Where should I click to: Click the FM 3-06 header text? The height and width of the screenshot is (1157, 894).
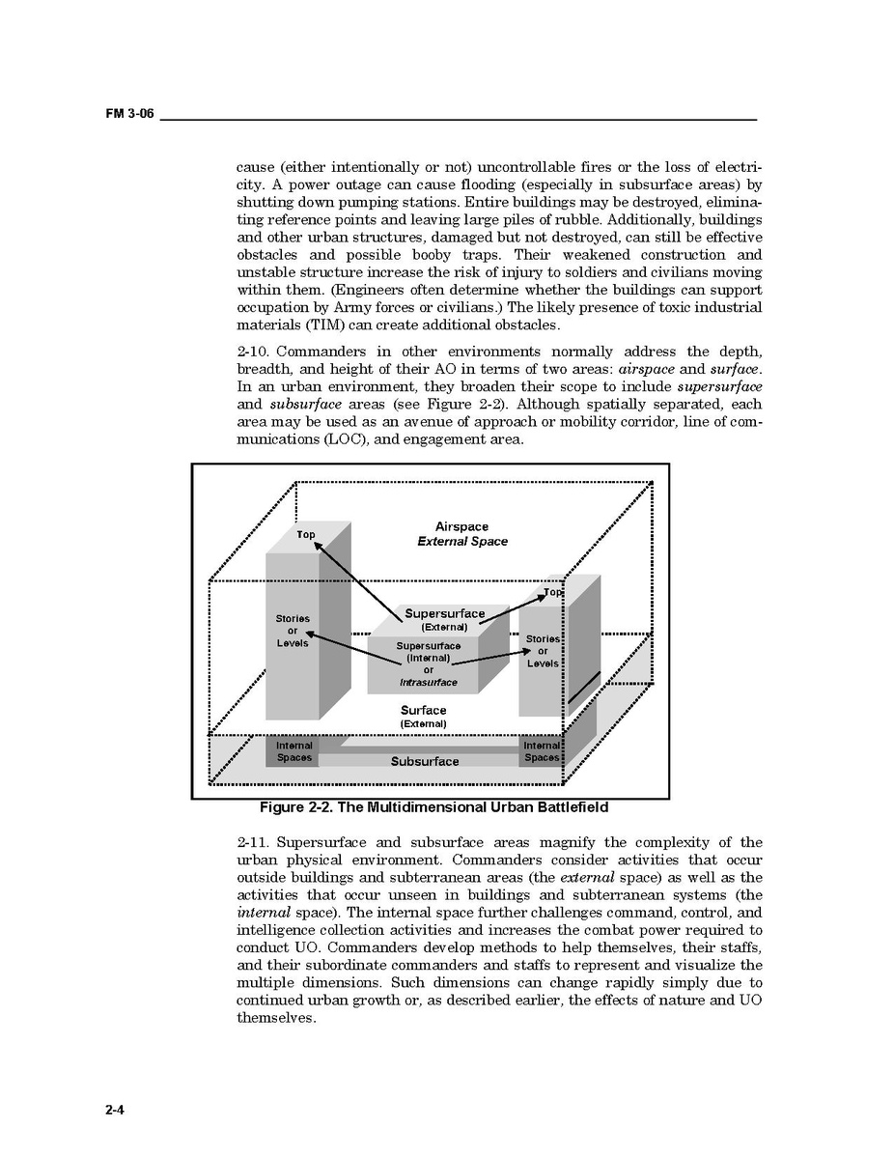[x=129, y=114]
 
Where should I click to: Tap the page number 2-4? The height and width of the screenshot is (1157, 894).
[x=116, y=1110]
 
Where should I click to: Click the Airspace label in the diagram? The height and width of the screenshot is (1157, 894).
[x=461, y=527]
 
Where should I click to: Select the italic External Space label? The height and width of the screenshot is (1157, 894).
[x=461, y=542]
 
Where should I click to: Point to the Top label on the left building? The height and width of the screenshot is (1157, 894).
[x=305, y=534]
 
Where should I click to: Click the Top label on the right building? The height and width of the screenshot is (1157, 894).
[x=552, y=592]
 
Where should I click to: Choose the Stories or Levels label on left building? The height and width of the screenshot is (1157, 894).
[x=293, y=631]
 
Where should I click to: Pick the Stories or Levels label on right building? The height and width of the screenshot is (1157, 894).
[x=543, y=651]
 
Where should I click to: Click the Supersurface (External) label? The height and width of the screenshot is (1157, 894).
[x=444, y=619]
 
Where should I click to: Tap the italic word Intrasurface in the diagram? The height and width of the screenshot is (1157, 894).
[x=429, y=683]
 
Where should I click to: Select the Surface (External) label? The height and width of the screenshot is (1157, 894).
[x=424, y=717]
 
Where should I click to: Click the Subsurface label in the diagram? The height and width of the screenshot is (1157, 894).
[x=425, y=762]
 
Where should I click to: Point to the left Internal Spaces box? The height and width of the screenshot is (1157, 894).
[x=293, y=751]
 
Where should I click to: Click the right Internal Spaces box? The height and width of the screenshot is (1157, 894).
[x=542, y=751]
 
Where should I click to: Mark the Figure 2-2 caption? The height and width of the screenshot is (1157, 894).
[x=433, y=807]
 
